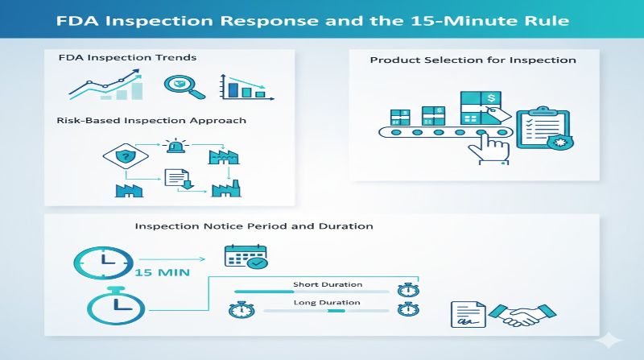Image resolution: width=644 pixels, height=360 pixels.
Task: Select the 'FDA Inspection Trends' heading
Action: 127,58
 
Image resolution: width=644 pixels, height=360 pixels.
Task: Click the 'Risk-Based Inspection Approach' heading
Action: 151,120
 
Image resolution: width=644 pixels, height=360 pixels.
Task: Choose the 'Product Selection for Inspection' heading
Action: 473,60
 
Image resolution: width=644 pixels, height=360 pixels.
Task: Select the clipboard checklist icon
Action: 542,132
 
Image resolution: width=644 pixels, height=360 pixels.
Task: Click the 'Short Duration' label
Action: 327,284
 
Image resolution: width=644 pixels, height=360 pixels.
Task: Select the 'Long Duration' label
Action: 326,303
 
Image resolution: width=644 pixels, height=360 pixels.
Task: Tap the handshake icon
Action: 515,314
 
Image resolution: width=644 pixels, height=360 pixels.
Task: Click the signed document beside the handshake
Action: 467,315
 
